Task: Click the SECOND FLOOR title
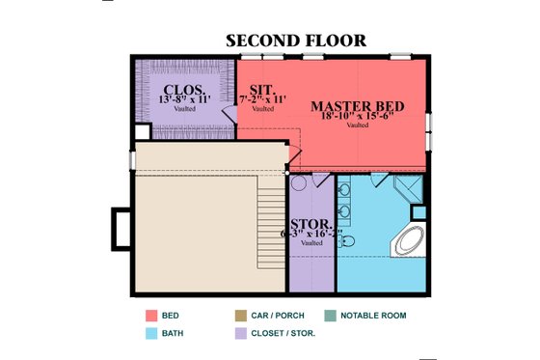click(295, 41)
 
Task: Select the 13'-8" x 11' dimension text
click(184, 97)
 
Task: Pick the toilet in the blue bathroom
click(349, 240)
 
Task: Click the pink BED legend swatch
click(151, 316)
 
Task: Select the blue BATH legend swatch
click(151, 334)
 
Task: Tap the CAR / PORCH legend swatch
click(240, 316)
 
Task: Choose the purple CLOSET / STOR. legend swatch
click(240, 334)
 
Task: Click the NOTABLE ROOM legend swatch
click(331, 316)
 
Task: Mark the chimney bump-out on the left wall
click(120, 228)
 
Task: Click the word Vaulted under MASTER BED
click(357, 125)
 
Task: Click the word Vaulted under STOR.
click(311, 243)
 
